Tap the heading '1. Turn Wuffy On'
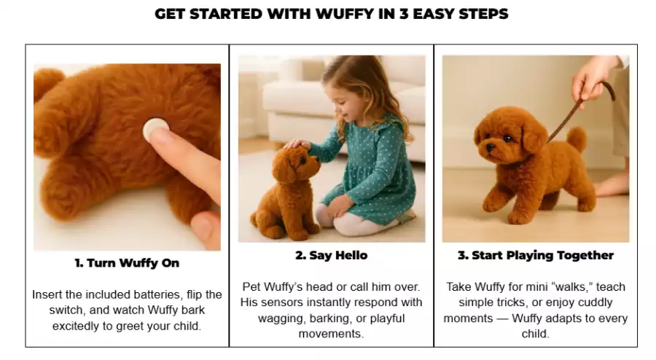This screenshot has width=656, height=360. click(x=127, y=263)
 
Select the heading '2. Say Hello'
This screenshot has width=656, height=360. click(x=332, y=256)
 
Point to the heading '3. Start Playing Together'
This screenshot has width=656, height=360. click(x=536, y=256)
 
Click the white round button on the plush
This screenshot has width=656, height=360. click(x=156, y=129)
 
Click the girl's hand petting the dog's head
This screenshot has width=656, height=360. click(x=297, y=145)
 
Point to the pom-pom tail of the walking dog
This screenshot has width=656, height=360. click(x=577, y=138)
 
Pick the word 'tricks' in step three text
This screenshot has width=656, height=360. click(x=510, y=302)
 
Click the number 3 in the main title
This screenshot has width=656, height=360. click(x=403, y=14)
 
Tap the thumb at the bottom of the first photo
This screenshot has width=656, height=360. click(x=206, y=230)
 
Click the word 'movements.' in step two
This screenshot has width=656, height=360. click(x=331, y=334)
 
